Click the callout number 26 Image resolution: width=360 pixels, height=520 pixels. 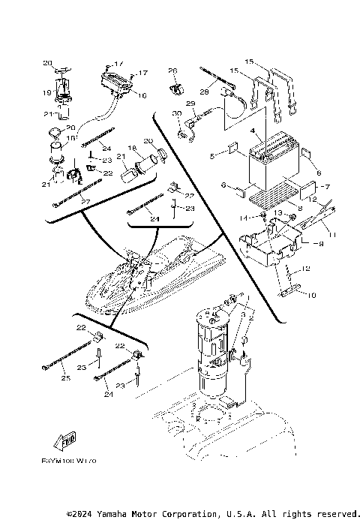[x=172, y=71]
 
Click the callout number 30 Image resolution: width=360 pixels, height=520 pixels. [x=176, y=113]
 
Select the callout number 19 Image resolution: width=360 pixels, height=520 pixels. [x=46, y=94]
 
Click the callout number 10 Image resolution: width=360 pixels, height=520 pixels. [x=311, y=296]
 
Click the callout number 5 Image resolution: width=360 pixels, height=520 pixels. [x=212, y=156]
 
